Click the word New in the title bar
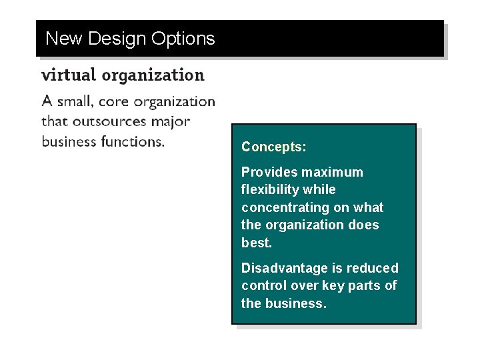[64, 39]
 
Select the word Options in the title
[183, 39]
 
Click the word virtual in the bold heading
[67, 75]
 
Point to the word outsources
[112, 121]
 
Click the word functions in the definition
[131, 141]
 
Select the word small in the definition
[74, 101]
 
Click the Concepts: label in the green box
[273, 147]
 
